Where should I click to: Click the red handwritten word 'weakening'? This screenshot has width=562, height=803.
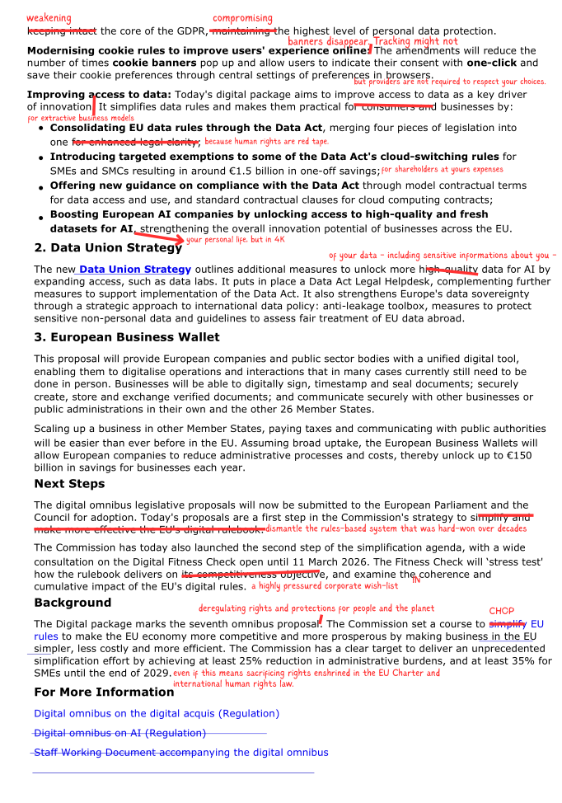[x=49, y=18]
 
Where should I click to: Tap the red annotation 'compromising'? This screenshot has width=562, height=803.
[x=242, y=18]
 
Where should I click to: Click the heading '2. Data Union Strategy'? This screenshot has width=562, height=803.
[x=108, y=247]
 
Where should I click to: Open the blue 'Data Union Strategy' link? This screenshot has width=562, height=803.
[x=134, y=270]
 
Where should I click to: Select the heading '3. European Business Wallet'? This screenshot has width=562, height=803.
[x=127, y=337]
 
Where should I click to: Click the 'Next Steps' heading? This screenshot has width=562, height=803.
[x=69, y=484]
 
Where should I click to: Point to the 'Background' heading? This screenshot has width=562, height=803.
[x=73, y=603]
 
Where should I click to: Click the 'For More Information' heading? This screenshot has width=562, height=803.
[x=104, y=692]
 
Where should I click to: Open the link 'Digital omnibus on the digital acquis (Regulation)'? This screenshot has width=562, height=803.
[x=157, y=713]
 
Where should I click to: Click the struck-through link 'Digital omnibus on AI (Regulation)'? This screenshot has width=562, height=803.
[x=119, y=733]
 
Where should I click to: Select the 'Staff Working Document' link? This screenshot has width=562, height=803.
[x=180, y=753]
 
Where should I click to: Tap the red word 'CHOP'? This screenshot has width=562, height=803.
[x=501, y=612]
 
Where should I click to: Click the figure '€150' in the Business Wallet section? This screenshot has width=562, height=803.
[x=518, y=455]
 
